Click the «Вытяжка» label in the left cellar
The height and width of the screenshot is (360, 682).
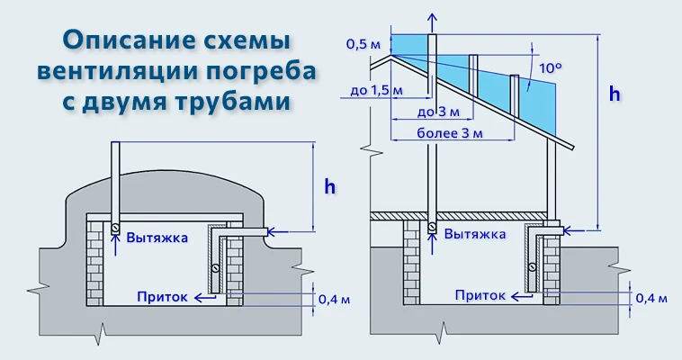(157, 238)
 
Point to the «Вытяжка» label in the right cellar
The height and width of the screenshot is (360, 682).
(474, 232)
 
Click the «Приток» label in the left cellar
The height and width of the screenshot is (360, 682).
(162, 294)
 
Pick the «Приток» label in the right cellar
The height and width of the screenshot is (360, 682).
(480, 294)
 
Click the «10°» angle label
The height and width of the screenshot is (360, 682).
(550, 67)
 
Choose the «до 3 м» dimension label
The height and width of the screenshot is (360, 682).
(440, 112)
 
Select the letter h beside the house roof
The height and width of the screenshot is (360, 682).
(615, 93)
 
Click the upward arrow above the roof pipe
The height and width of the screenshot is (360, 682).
(433, 22)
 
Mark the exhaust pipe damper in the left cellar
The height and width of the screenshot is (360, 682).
(115, 229)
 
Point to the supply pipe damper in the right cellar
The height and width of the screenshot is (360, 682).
(533, 267)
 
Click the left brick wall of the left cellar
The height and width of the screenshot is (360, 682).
(96, 260)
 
